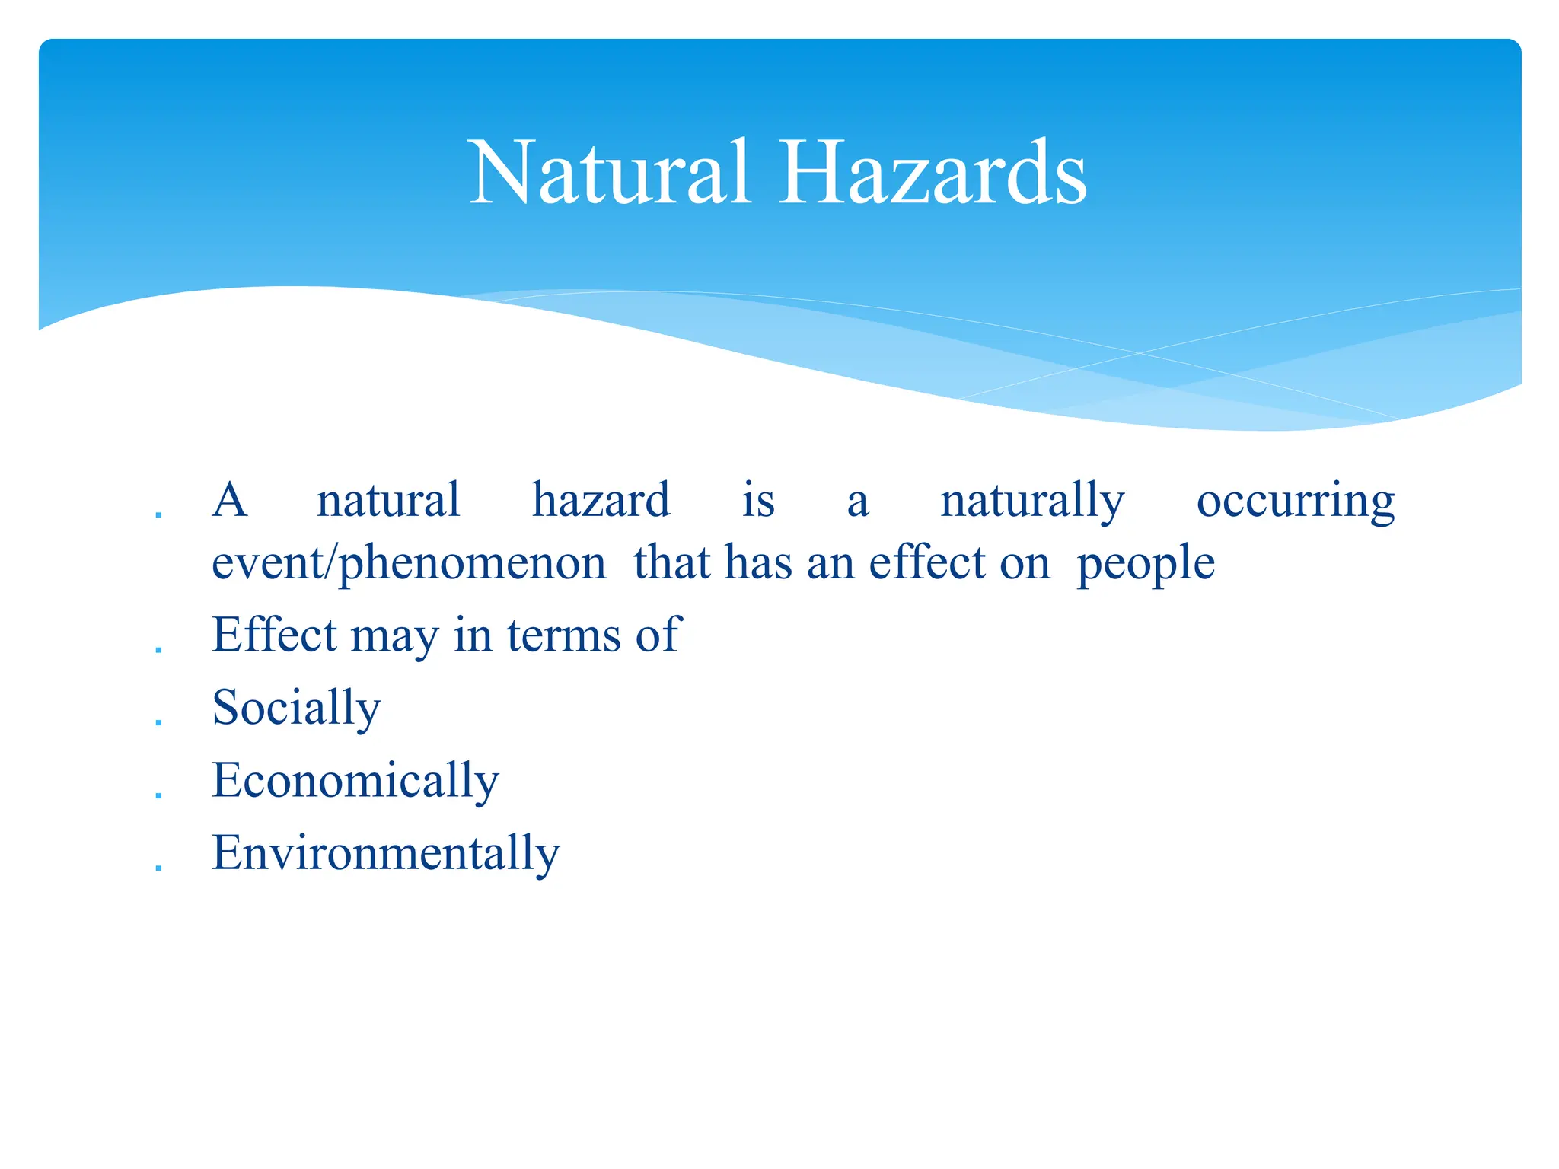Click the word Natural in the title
click(610, 174)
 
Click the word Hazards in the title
click(933, 174)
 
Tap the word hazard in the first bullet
click(601, 501)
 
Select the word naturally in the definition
click(1031, 502)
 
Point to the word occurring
click(1295, 502)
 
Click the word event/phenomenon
click(409, 565)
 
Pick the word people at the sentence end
click(1146, 565)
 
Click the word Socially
click(296, 709)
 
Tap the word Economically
click(355, 782)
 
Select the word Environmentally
click(385, 853)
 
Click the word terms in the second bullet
click(563, 635)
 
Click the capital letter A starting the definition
click(230, 501)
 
